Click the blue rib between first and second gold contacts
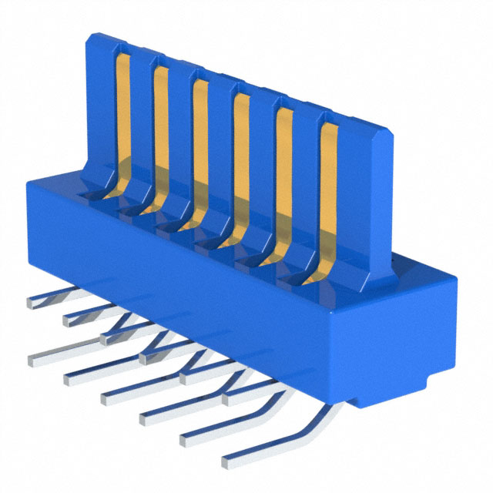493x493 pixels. (142, 123)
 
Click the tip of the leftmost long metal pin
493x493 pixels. (34, 356)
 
